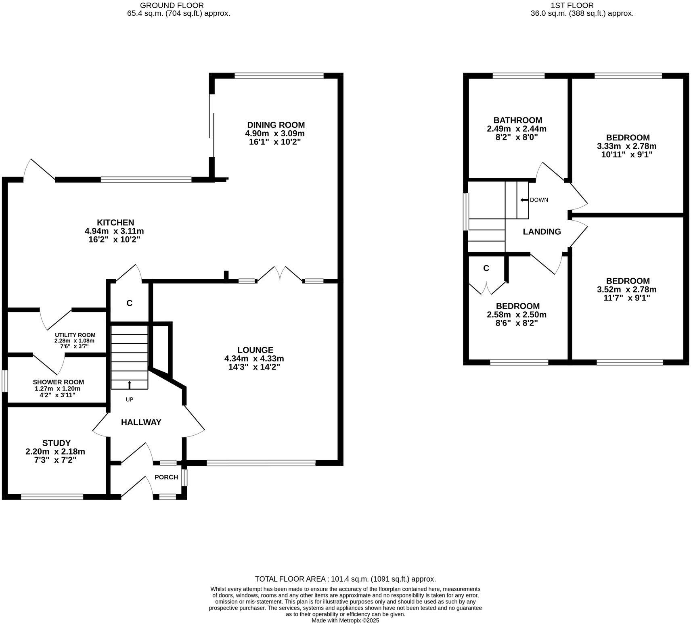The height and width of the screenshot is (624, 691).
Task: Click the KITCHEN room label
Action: click(115, 223)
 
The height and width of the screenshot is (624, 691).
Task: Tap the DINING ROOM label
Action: click(276, 125)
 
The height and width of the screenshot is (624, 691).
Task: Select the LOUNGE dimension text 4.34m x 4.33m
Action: click(254, 359)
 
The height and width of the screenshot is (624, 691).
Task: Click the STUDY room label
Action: click(57, 443)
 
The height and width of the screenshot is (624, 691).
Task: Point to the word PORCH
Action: click(166, 477)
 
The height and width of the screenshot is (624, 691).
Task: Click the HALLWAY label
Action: click(141, 422)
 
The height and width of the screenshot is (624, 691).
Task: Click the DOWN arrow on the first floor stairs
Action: click(524, 200)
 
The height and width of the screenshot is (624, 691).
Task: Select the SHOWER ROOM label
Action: click(59, 382)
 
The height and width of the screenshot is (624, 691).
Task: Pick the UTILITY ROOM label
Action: click(75, 335)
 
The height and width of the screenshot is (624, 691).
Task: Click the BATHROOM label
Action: click(517, 120)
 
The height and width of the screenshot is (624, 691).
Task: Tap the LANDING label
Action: click(542, 232)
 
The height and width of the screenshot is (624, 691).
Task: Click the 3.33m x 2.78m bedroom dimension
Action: click(626, 146)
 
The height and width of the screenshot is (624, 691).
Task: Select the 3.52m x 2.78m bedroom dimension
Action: click(626, 289)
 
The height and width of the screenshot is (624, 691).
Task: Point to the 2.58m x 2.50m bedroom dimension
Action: click(517, 315)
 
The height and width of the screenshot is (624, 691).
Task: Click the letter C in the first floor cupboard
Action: click(486, 268)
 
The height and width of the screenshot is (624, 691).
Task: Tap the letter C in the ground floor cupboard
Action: click(129, 303)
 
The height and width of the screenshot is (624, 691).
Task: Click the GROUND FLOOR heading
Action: click(172, 5)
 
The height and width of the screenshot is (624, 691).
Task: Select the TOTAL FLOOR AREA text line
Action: click(345, 579)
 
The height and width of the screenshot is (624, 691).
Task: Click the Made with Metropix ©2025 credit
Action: click(345, 621)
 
